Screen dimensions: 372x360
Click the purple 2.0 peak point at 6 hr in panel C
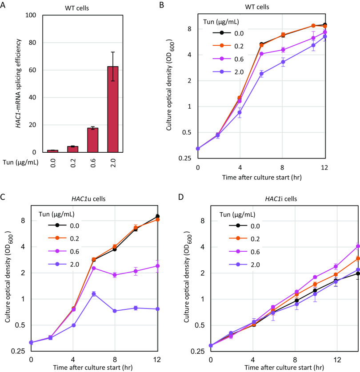[x=94, y=293]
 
